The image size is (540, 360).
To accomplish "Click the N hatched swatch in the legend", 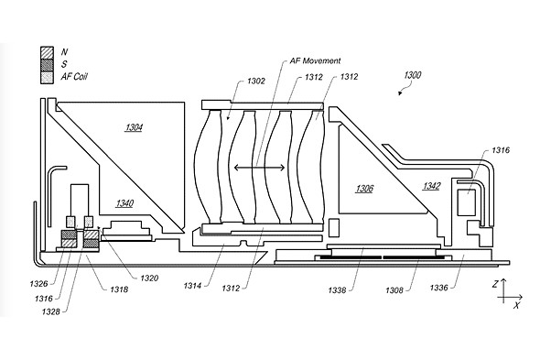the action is point(47,53).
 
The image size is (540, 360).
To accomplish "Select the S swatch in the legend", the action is point(47,65).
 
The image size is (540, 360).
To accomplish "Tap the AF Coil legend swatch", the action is point(47,77).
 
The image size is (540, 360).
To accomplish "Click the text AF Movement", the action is point(315,61).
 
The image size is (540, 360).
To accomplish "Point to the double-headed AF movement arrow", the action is point(259,168).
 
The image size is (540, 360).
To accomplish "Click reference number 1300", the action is point(412,75).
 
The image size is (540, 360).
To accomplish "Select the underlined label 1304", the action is point(134,128).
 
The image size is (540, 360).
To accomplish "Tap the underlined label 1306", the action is point(364,189).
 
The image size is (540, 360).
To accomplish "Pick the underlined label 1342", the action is point(431,186).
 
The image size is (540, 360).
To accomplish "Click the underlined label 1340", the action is point(124,203).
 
